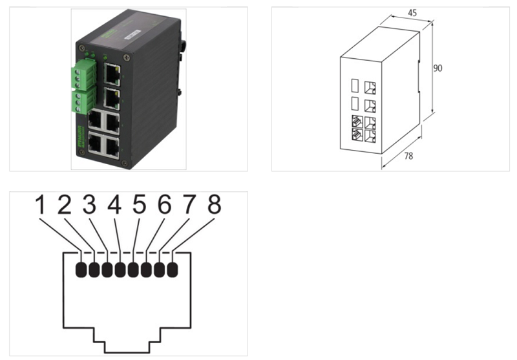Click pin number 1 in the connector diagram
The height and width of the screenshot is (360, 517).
41,205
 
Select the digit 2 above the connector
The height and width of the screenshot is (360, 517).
65,205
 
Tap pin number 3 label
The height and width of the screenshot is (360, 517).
89,205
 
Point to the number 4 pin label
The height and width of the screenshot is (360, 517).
114,205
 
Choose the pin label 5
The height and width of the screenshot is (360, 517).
139,205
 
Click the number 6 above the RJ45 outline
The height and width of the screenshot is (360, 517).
164,205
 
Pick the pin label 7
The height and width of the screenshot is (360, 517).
189,205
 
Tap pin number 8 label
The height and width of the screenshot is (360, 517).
213,205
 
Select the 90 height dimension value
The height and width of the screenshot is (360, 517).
438,68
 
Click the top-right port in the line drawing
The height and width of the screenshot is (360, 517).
371,87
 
